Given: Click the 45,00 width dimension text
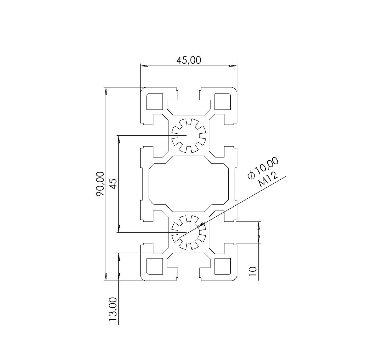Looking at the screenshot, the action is pyautogui.click(x=188, y=60).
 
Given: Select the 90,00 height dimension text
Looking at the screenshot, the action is pyautogui.click(x=101, y=184).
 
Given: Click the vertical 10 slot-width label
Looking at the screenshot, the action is pyautogui.click(x=253, y=271).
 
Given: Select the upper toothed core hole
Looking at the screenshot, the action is pyautogui.click(x=188, y=135).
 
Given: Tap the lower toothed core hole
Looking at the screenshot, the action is pyautogui.click(x=188, y=232).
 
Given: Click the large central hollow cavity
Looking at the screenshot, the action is pyautogui.click(x=188, y=184).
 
